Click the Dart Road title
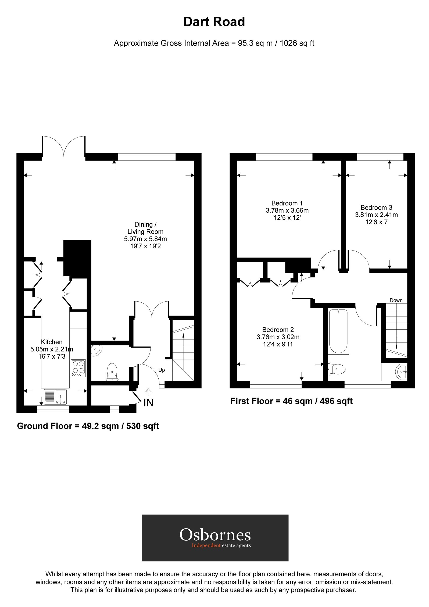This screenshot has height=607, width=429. (214, 22)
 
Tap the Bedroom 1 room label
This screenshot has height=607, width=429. (287, 203)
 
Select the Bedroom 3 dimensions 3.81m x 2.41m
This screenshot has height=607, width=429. (376, 215)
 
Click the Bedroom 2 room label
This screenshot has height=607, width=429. (278, 330)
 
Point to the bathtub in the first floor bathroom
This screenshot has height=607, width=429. (338, 331)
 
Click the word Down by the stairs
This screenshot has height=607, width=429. (396, 300)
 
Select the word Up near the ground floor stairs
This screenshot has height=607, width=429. (162, 370)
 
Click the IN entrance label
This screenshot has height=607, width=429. (149, 403)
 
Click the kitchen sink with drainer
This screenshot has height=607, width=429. (55, 397)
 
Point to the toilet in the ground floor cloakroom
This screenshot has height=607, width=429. (112, 371)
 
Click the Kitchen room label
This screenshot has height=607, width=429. (52, 342)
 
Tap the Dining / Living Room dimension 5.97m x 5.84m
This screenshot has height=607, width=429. (145, 239)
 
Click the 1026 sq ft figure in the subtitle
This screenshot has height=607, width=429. (297, 43)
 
